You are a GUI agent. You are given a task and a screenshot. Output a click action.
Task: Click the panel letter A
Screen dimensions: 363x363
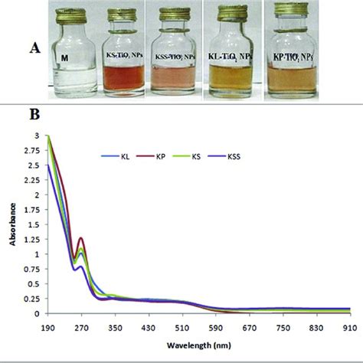34,47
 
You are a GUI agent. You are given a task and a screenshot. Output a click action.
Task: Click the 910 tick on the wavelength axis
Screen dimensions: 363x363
349,326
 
